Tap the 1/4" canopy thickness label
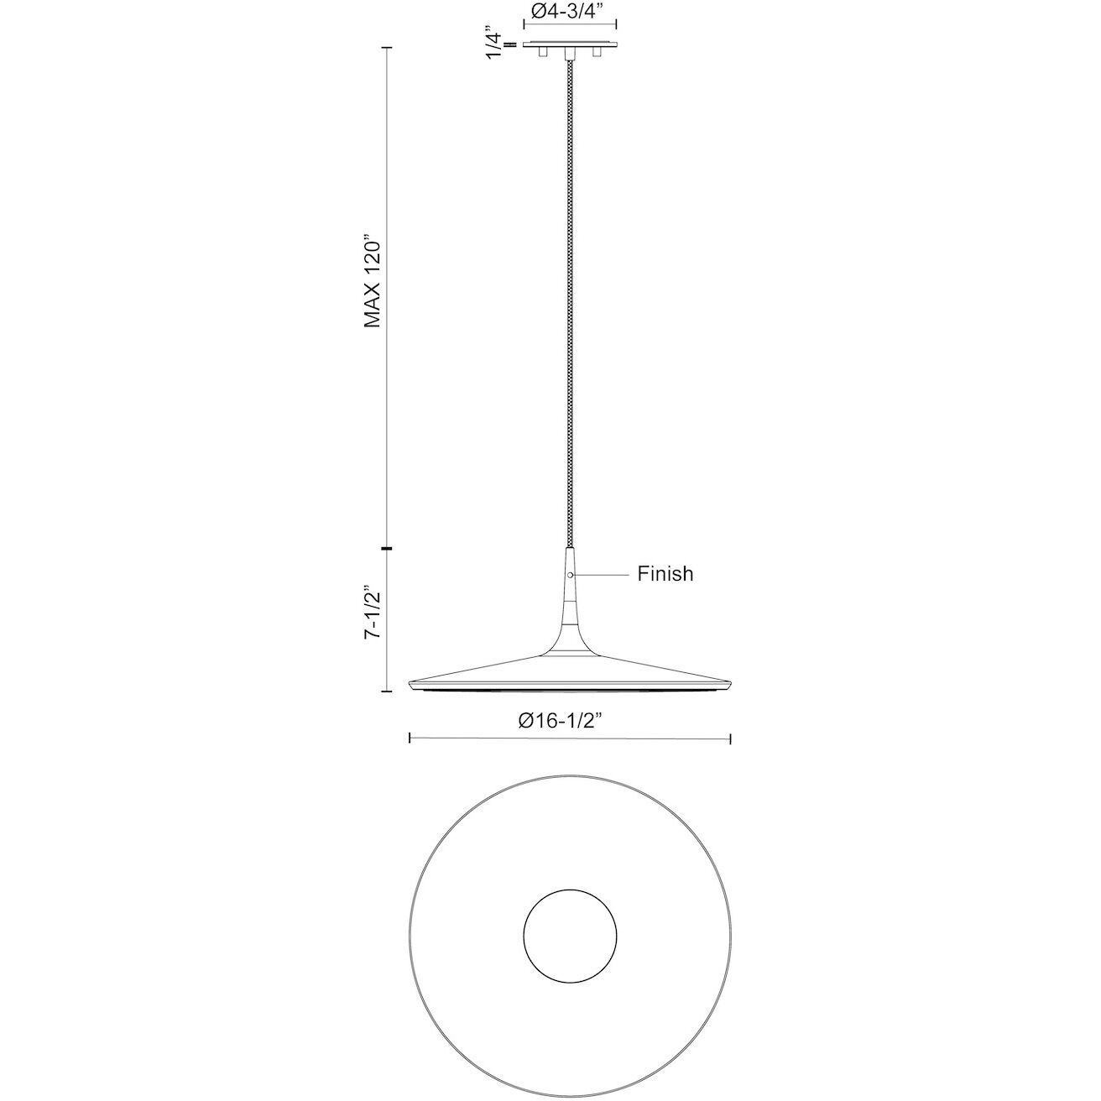[x=494, y=44]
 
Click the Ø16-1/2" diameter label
[x=561, y=721]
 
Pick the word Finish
[x=665, y=574]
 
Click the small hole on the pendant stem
[x=570, y=575]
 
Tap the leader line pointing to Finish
[x=601, y=575]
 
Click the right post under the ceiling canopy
[x=597, y=53]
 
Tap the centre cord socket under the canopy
[x=570, y=55]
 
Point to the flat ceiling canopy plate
[x=570, y=44]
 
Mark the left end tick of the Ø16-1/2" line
[x=409, y=738]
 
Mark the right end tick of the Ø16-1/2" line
[x=732, y=738]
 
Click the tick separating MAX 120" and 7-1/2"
[x=386, y=549]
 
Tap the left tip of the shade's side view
[x=410, y=686]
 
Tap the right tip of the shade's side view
[x=731, y=686]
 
